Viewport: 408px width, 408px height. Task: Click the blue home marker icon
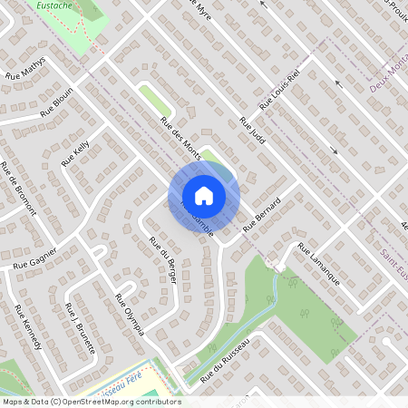pos(204,195)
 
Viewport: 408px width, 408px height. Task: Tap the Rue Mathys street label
pos(24,69)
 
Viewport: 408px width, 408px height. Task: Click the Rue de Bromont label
pos(18,188)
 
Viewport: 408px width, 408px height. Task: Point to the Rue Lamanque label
pos(318,266)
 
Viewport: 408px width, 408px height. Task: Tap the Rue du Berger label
pos(162,258)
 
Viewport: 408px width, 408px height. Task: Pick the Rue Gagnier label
pos(35,257)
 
